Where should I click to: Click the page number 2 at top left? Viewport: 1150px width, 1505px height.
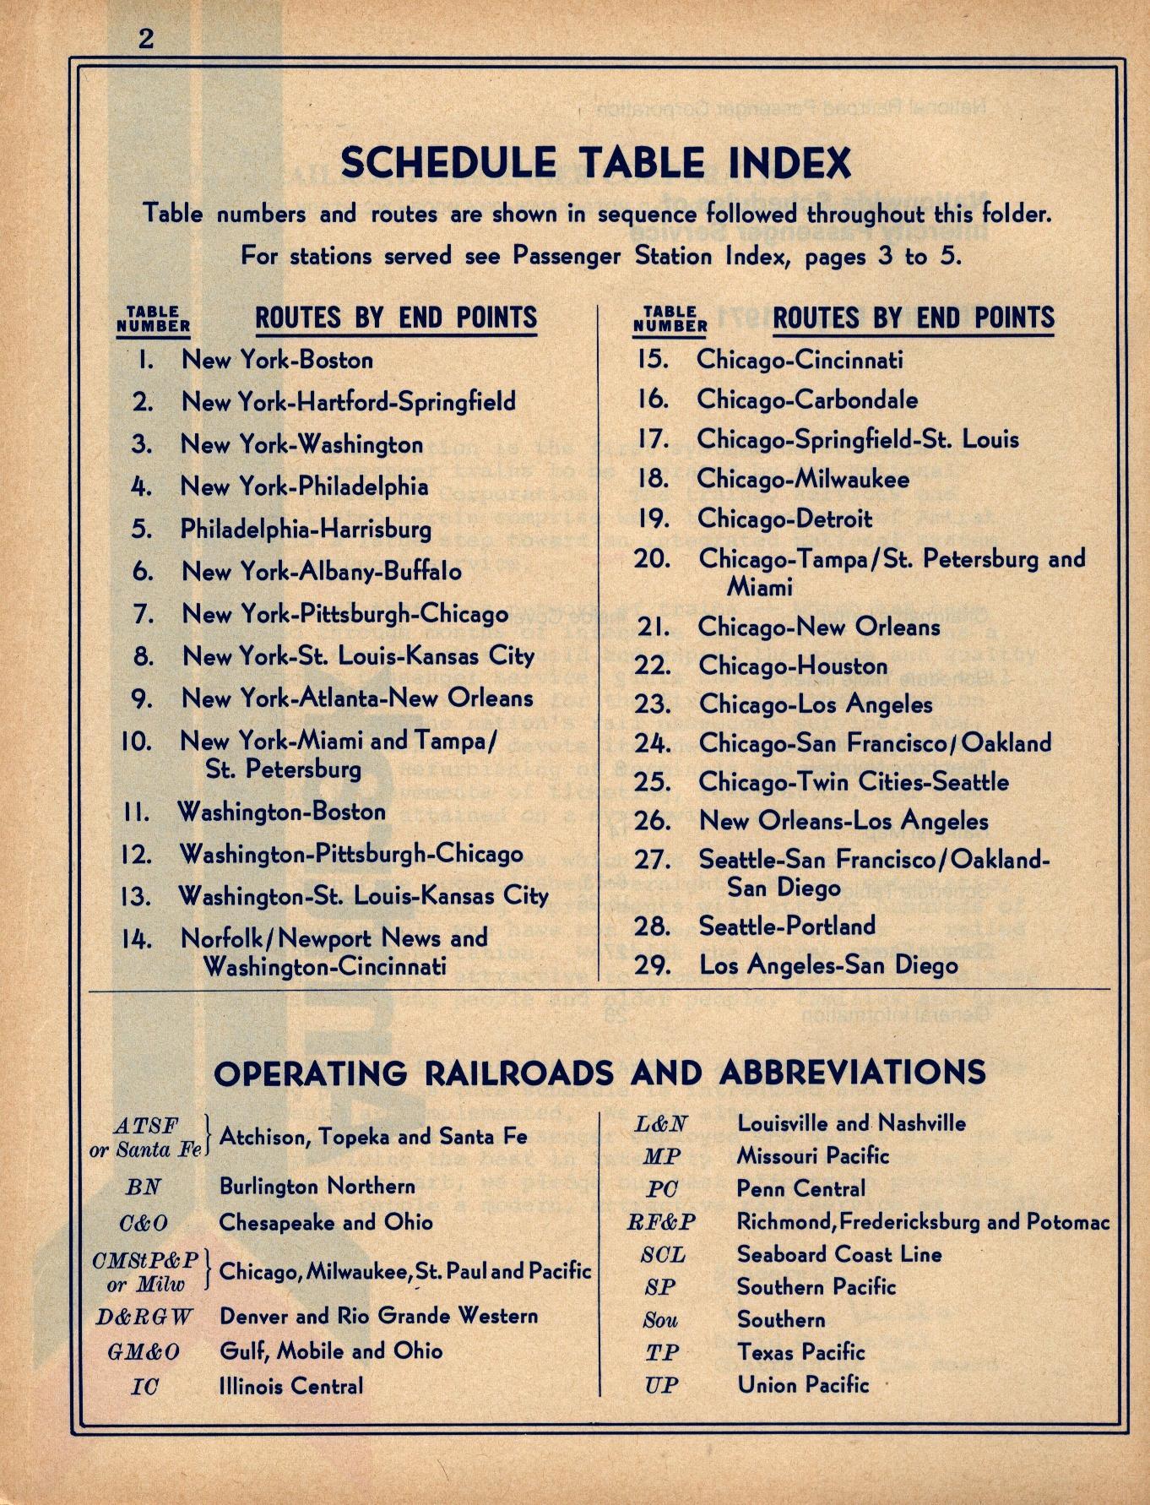[x=146, y=39]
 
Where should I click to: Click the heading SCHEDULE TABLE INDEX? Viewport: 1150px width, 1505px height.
[x=595, y=163]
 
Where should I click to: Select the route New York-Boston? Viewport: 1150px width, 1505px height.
[x=277, y=360]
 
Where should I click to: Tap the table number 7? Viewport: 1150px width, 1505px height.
[x=144, y=614]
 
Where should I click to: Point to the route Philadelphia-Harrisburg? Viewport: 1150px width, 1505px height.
[x=306, y=530]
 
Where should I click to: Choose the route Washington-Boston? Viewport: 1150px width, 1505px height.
[x=281, y=812]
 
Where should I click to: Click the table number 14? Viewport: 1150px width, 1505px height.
[x=136, y=939]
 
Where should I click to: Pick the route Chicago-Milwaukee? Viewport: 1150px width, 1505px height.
[x=802, y=480]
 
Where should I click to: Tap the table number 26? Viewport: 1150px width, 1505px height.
[x=653, y=821]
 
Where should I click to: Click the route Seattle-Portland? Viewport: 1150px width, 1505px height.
[x=787, y=926]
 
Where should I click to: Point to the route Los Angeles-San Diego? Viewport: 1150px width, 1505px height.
[x=828, y=964]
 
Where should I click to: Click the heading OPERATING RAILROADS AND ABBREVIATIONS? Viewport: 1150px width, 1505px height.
[x=599, y=1073]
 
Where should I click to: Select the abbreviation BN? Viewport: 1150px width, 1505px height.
[x=144, y=1187]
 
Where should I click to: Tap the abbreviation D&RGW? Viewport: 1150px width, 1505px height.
[x=144, y=1317]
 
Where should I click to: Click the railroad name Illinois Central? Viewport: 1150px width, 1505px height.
[x=291, y=1386]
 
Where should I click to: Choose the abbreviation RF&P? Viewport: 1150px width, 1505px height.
[x=661, y=1222]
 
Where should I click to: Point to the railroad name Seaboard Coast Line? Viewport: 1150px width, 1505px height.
[x=838, y=1254]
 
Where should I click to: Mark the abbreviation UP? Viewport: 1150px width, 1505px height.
[x=661, y=1385]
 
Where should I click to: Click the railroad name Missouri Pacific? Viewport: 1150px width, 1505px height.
[x=813, y=1155]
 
